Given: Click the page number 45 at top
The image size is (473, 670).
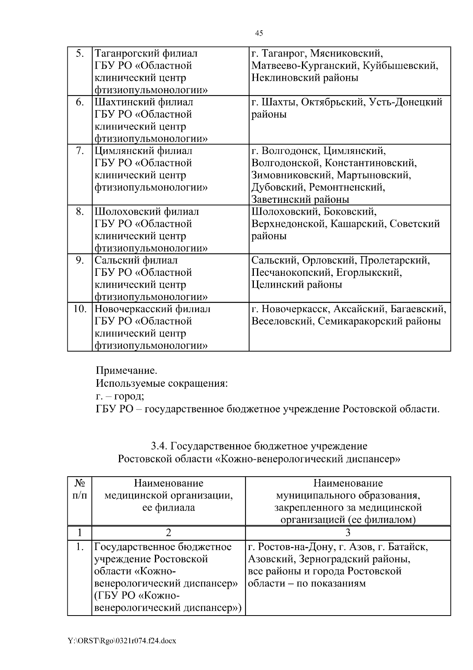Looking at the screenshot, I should [259, 33].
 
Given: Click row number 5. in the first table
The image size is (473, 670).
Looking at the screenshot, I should [79, 53].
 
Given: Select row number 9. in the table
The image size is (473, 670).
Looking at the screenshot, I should [79, 260].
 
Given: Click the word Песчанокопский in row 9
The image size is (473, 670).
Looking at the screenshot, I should [292, 272].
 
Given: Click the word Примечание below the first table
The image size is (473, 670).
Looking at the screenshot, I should [126, 371].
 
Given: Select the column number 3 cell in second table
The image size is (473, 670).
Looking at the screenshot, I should [348, 533].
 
